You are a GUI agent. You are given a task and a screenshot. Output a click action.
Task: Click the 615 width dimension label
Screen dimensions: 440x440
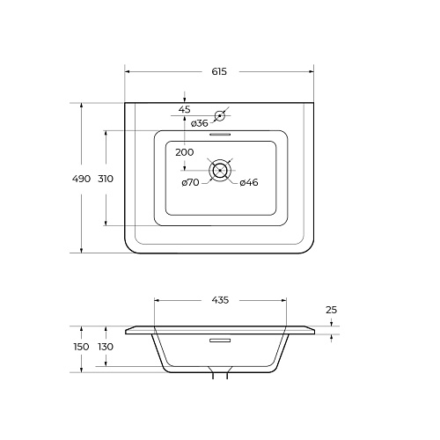[x=219, y=71]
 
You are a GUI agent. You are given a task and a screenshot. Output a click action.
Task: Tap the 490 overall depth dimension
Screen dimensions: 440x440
[x=81, y=179]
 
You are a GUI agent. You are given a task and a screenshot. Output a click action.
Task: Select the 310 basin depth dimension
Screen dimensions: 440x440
[x=106, y=179]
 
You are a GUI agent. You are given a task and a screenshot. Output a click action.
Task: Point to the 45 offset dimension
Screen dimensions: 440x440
[x=185, y=109]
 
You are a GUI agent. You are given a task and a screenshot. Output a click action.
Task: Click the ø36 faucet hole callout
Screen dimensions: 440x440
[x=200, y=123]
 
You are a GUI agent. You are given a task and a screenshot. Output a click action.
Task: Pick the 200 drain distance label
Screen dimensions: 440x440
[x=185, y=152]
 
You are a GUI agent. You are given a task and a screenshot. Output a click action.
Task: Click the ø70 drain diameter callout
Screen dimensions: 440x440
[x=190, y=182]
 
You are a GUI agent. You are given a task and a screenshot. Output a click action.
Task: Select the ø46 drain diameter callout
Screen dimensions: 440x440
[x=249, y=182]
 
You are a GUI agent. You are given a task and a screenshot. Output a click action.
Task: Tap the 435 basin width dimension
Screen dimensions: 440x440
[x=220, y=300]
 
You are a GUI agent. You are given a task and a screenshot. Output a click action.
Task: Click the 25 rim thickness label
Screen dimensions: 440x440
[x=332, y=310]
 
